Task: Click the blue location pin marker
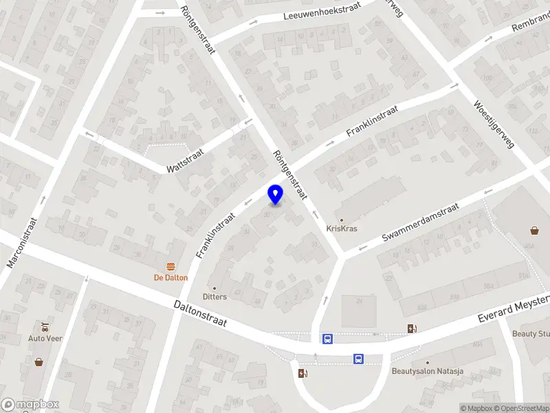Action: (276, 195)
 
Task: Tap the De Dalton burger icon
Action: (170, 266)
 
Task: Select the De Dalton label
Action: (170, 278)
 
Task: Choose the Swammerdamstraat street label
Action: (420, 222)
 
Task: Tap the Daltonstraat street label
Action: (200, 313)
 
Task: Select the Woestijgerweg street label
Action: (494, 125)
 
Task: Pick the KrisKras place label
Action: (342, 229)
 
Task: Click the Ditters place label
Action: (214, 297)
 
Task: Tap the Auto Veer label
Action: (45, 338)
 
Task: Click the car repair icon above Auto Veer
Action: (45, 326)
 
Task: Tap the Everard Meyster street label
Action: (514, 310)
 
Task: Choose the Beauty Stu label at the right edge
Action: (531, 334)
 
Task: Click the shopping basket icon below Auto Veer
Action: (38, 361)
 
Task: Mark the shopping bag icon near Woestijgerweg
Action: (535, 231)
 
